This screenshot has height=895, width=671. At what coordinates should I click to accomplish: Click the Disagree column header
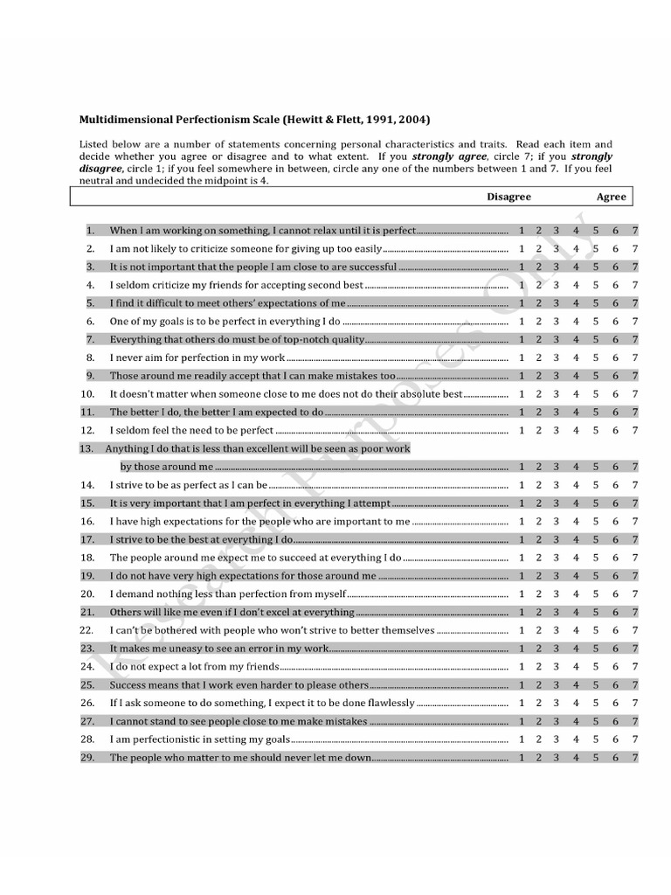point(508,197)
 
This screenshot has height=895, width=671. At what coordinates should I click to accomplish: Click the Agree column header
point(611,197)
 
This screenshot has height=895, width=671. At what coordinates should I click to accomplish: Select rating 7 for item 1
point(635,231)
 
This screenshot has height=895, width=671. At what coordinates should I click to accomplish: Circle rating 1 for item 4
point(522,285)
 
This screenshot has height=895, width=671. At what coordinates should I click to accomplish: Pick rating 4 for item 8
point(576,357)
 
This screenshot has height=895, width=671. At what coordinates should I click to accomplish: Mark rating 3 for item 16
point(557,521)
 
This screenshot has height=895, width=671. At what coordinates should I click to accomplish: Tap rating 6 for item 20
point(616,593)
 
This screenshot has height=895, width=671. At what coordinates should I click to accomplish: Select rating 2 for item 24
point(539,667)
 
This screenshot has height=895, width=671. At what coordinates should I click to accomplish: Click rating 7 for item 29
point(635,758)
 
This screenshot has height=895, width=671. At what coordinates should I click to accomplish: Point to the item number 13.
point(86,448)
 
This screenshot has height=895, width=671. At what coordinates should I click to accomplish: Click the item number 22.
point(86,630)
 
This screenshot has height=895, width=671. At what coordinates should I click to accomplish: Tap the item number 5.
point(89,303)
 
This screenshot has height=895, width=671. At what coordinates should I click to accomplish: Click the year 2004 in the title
point(410,119)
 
